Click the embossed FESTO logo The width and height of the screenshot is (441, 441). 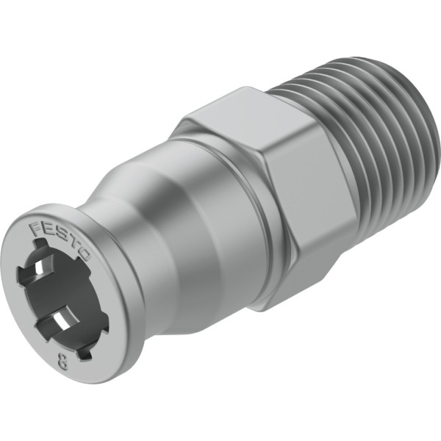pos(60,240)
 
